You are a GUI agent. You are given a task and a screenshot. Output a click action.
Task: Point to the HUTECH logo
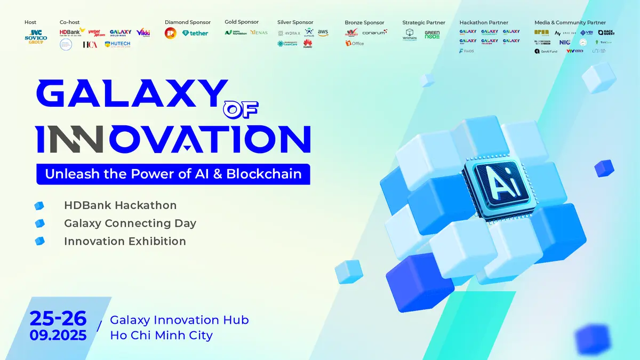[117, 45]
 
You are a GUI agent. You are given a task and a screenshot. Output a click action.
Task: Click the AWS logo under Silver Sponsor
[323, 33]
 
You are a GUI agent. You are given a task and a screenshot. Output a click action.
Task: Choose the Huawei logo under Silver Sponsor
[308, 44]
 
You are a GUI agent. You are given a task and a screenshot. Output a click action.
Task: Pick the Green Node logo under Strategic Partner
[432, 35]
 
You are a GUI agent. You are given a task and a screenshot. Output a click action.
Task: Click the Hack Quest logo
[606, 33]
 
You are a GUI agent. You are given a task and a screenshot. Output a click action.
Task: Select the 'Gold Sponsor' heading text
[242, 22]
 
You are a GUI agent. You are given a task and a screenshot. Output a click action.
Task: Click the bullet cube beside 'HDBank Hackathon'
[39, 206]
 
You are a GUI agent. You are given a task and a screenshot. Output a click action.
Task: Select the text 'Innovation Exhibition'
[125, 241]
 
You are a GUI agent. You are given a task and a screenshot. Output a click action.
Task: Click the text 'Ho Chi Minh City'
[161, 335]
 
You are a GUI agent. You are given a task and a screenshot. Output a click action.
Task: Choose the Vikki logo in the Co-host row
[143, 33]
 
